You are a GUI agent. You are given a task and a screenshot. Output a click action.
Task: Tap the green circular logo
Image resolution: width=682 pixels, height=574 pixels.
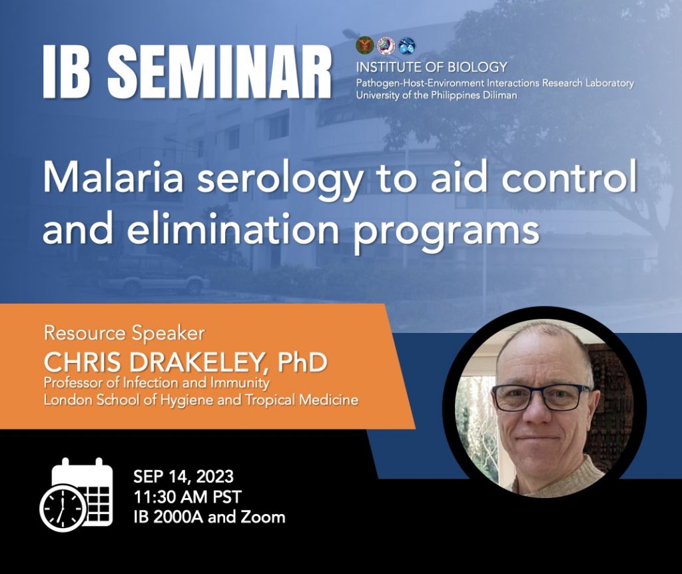click(365, 45)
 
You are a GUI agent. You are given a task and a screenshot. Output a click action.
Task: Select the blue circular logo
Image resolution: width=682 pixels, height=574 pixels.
click(407, 45)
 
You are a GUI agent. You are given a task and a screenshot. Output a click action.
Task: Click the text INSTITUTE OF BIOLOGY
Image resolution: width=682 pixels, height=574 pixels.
click(432, 67)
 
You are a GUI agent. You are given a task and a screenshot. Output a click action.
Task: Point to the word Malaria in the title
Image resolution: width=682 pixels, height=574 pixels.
click(113, 178)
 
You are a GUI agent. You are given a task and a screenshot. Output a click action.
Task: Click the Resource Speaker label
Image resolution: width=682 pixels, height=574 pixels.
click(124, 333)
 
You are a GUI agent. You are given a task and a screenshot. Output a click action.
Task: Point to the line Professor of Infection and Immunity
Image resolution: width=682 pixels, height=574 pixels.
click(156, 383)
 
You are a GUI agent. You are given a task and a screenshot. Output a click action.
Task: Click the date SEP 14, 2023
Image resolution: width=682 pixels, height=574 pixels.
click(183, 477)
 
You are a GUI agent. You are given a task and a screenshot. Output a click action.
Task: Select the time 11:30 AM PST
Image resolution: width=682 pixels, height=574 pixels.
click(187, 497)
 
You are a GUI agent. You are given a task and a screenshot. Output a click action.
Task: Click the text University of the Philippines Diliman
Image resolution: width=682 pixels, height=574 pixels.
click(436, 95)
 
